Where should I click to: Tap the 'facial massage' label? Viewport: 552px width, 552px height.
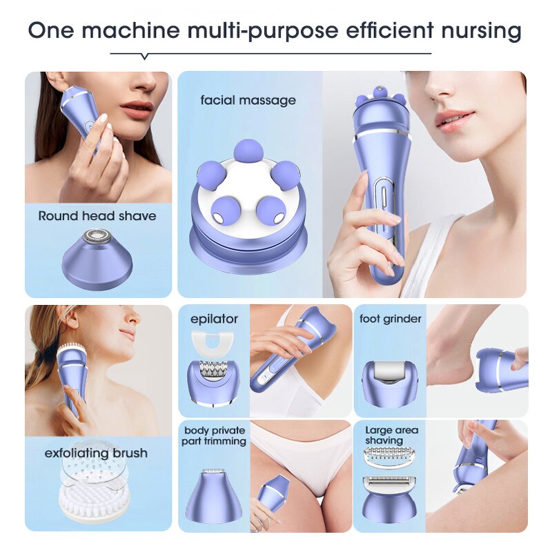point(248,100)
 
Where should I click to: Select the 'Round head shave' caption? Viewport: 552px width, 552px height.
point(97,216)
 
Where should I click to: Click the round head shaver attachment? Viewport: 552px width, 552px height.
point(97,259)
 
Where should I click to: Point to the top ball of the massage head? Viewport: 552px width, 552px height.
point(248,150)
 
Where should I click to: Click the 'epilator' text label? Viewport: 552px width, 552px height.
point(214,319)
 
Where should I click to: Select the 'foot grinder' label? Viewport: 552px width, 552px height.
point(391,319)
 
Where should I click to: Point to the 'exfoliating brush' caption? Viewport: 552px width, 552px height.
point(97,453)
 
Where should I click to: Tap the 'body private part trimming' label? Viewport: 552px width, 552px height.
point(214,435)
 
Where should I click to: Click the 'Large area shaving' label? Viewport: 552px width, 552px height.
point(391,435)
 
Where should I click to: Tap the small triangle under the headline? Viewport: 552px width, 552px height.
point(144,57)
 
